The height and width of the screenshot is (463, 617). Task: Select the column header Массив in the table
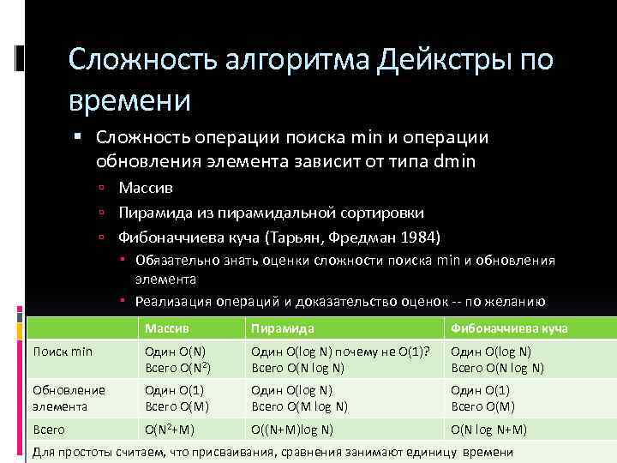[x=168, y=328]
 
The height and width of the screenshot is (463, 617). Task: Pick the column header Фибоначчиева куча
[x=509, y=328]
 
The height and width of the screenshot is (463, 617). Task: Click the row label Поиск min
[x=62, y=351]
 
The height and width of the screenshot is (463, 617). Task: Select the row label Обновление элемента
[x=69, y=397]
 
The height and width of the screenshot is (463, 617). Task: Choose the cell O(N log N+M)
[x=488, y=430]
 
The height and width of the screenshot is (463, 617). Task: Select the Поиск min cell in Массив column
[x=175, y=359]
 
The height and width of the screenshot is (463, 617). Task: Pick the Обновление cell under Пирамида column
[x=299, y=398]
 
